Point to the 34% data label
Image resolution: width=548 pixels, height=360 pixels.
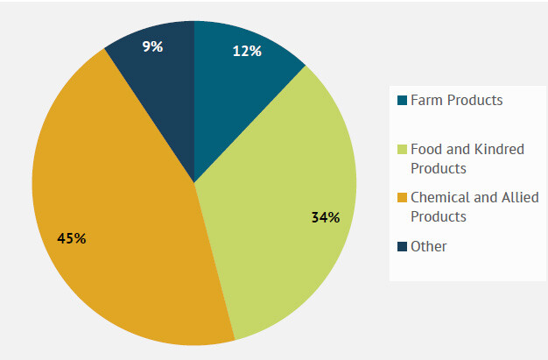pos(325,217)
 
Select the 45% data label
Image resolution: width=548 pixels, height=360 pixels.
pos(71,238)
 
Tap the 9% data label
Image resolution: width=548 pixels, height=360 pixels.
pos(153,46)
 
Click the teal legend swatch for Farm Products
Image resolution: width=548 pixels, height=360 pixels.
pos(402,101)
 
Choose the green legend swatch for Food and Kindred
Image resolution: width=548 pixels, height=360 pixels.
pos(402,150)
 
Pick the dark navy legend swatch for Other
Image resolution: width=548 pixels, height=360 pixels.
pos(402,247)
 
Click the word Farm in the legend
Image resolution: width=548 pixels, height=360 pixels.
pos(426,100)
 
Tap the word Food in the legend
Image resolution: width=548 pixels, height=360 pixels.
pos(426,149)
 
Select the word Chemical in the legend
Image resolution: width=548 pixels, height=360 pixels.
pos(440,197)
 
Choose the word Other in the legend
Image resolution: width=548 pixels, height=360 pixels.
pos(429,246)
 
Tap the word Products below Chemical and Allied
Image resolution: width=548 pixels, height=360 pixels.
pos(439,216)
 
